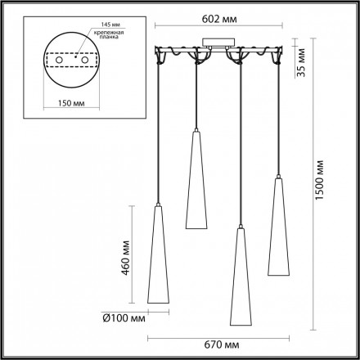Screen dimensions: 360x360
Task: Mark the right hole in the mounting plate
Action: pyautogui.click(x=82, y=60)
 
